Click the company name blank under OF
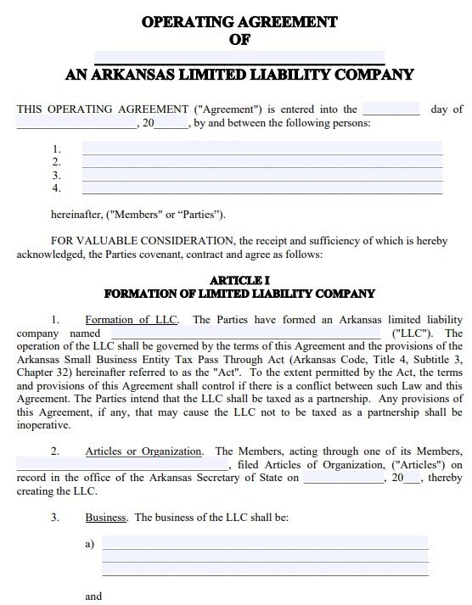(239, 58)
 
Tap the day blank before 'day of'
(391, 109)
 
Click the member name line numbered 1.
(261, 148)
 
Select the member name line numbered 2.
(261, 161)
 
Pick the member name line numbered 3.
(261, 174)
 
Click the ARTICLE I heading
(239, 280)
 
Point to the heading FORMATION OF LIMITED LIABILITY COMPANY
(239, 294)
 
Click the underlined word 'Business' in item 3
(106, 517)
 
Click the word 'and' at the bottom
(93, 596)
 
